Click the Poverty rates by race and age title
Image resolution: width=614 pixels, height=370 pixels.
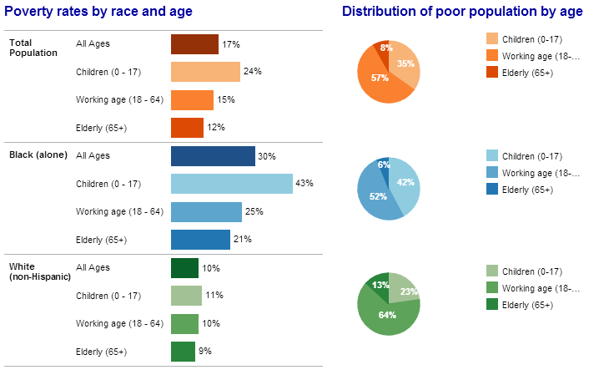(x=98, y=11)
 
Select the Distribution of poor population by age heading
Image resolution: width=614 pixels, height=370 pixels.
(x=462, y=11)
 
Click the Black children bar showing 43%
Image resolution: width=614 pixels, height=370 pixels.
(x=231, y=184)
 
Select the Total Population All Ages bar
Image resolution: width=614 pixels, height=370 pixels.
(x=194, y=44)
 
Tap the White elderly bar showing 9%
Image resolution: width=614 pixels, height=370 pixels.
(x=183, y=352)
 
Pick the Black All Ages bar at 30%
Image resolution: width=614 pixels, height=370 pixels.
(x=213, y=156)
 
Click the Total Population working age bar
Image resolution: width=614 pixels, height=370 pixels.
(x=192, y=100)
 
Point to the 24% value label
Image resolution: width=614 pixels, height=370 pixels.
(x=253, y=72)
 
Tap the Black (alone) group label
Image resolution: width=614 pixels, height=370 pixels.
(x=34, y=155)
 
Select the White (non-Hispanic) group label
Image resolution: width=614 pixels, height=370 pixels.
(x=39, y=271)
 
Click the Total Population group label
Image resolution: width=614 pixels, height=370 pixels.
(x=33, y=48)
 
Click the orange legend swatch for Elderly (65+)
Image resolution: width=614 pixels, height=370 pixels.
(x=492, y=73)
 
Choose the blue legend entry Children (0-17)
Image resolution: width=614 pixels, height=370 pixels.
(x=532, y=156)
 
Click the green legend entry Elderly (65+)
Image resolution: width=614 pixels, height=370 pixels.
(x=532, y=305)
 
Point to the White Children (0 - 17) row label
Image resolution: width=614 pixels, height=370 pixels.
(x=108, y=296)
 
